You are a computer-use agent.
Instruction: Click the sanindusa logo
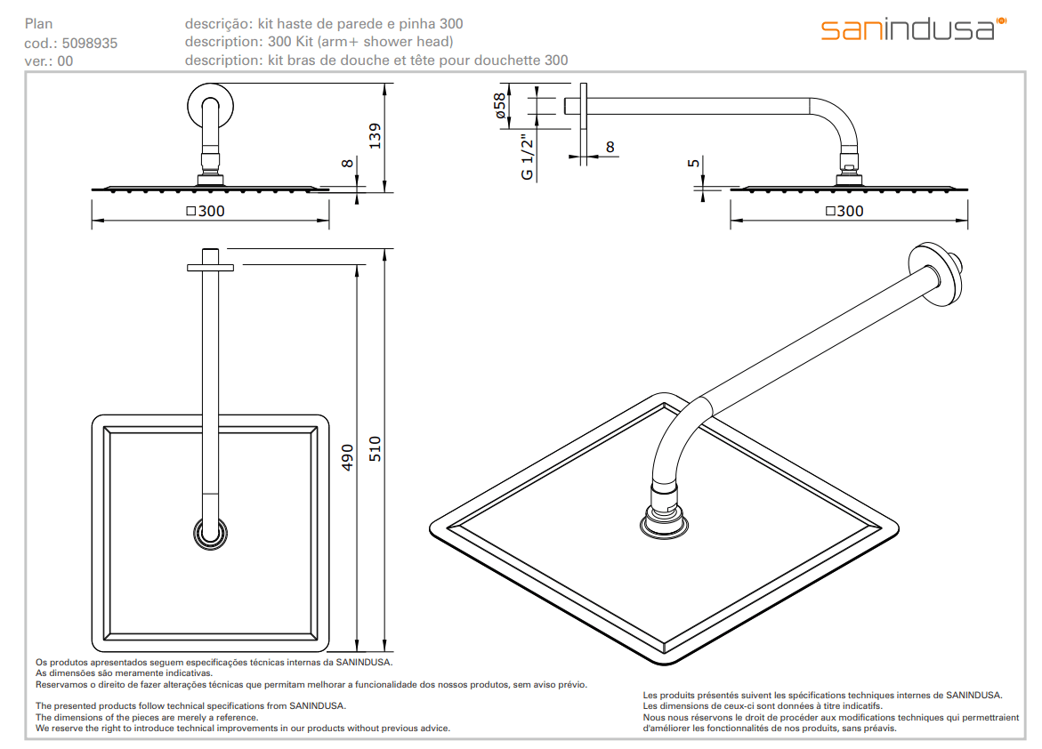click(x=912, y=28)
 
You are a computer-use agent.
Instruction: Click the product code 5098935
click(x=90, y=43)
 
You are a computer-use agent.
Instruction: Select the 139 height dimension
click(x=376, y=136)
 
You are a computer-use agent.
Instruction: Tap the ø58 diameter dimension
click(x=500, y=106)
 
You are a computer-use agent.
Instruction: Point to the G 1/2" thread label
click(x=528, y=157)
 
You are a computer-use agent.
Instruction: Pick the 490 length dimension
click(x=348, y=457)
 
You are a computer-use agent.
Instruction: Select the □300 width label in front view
click(x=206, y=212)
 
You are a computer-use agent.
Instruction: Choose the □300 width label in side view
click(x=844, y=212)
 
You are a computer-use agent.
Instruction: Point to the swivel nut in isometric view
click(x=666, y=512)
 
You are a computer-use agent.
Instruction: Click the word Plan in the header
click(x=37, y=24)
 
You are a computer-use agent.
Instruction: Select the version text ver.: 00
click(x=49, y=61)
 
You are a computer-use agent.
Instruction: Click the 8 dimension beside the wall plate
click(x=609, y=147)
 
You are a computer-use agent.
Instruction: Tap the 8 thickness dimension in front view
click(x=347, y=162)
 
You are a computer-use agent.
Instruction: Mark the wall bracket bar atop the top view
click(x=211, y=266)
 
